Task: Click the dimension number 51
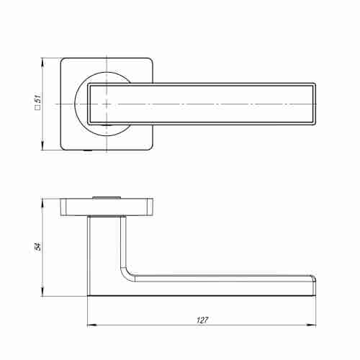[38, 99]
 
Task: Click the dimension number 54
[37, 247]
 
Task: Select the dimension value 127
[202, 320]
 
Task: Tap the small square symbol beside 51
[38, 107]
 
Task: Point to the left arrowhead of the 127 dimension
[92, 325]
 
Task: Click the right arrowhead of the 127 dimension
[310, 325]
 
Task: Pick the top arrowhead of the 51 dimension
[42, 63]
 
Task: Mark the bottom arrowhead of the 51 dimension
[42, 145]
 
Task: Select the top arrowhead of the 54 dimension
[42, 204]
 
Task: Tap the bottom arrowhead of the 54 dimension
[42, 291]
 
